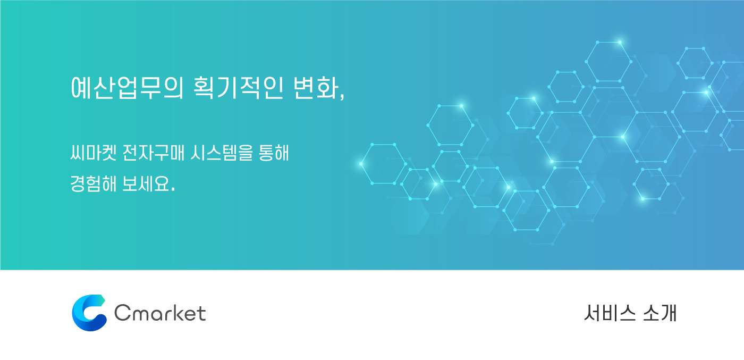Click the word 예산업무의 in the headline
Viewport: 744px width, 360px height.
click(127, 88)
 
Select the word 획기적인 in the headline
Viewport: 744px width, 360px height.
click(239, 88)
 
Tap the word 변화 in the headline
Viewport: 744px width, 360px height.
click(316, 88)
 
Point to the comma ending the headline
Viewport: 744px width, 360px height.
click(342, 96)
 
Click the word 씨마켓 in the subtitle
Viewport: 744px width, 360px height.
click(94, 153)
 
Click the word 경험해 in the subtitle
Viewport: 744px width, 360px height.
click(94, 184)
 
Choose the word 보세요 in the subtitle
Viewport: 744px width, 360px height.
click(146, 184)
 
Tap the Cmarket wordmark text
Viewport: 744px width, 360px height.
click(160, 313)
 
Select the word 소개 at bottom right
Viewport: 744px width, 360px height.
click(660, 313)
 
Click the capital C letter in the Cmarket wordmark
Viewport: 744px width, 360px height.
click(122, 313)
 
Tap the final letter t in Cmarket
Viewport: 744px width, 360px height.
click(202, 313)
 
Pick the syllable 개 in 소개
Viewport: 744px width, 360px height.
click(669, 313)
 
